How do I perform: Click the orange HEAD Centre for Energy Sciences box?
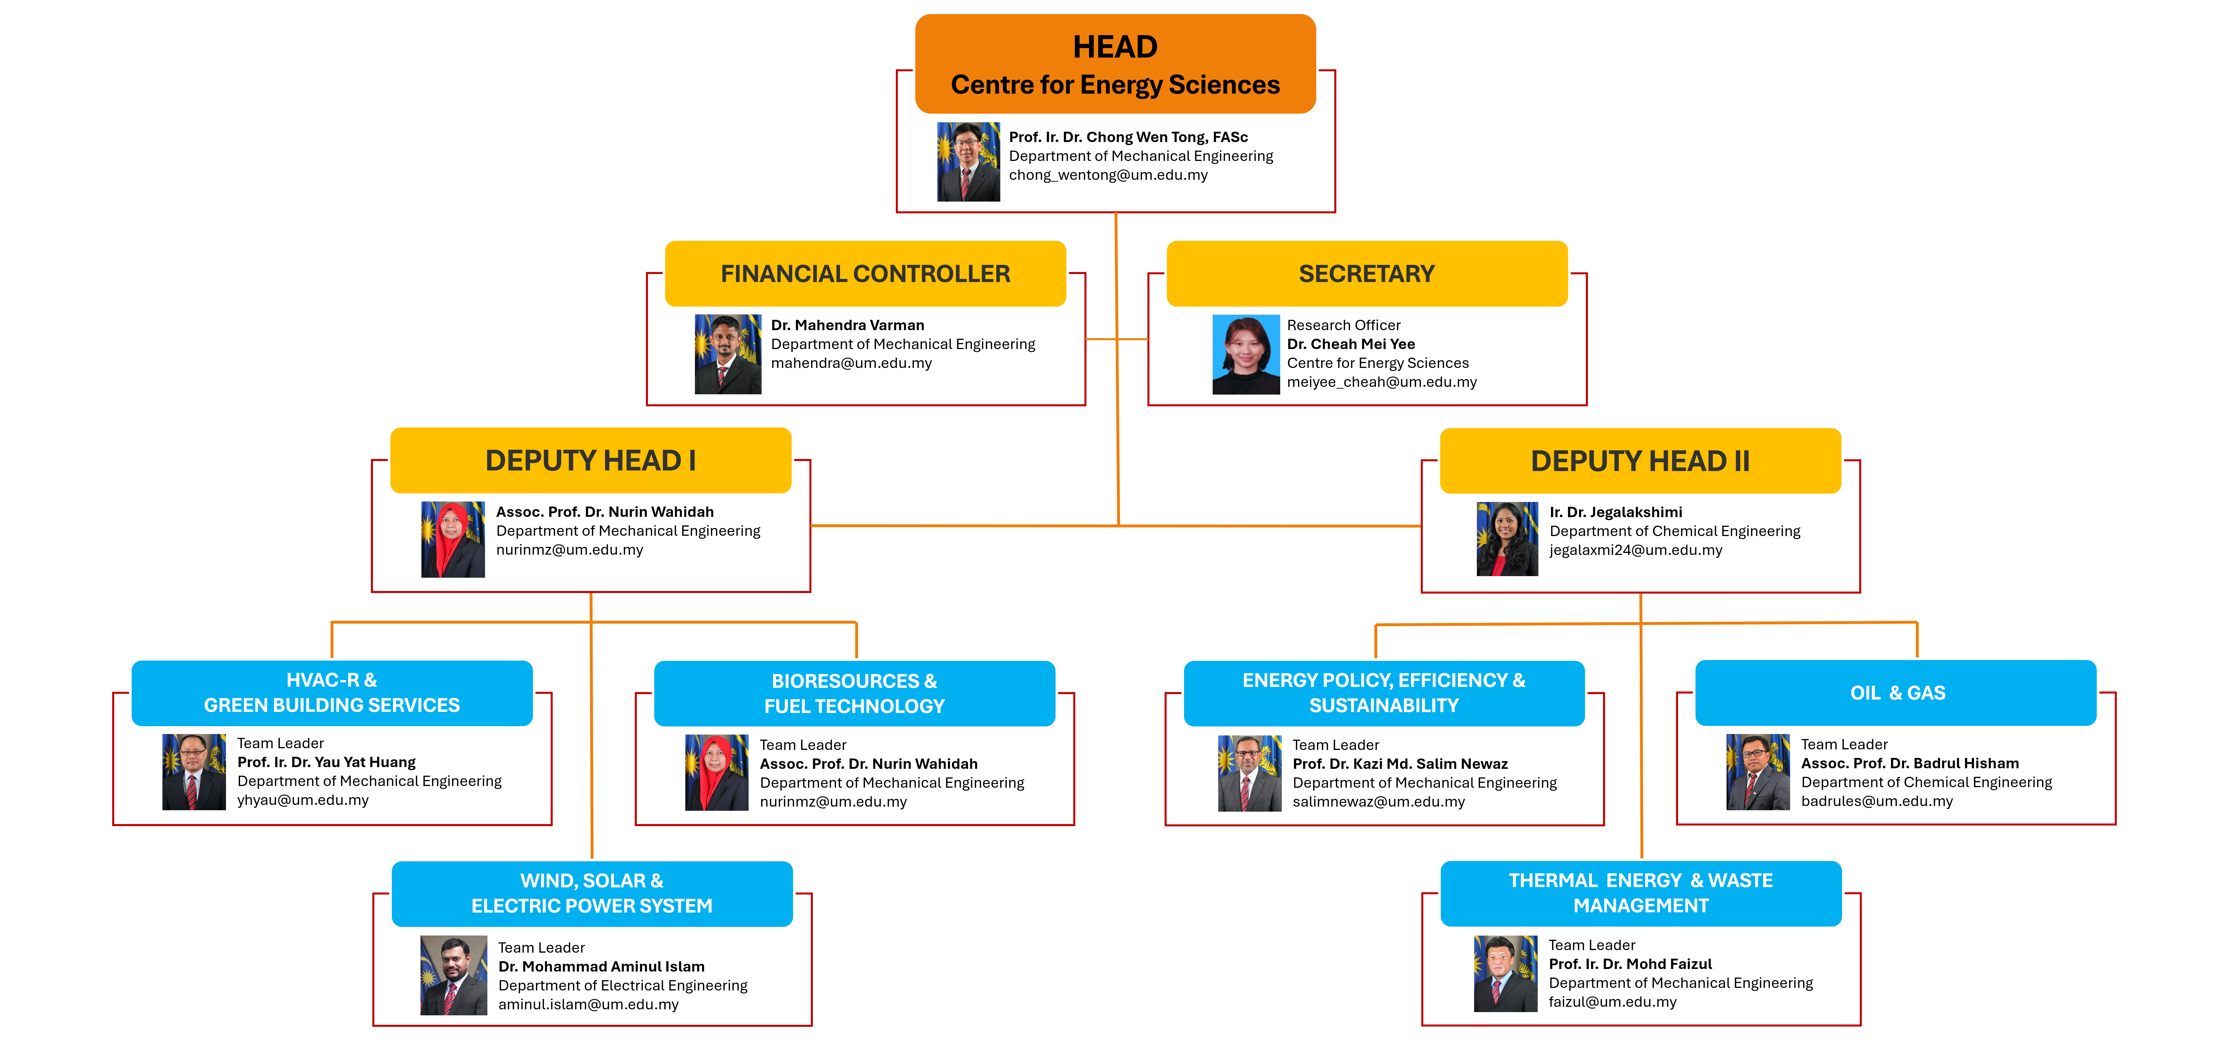(x=1116, y=64)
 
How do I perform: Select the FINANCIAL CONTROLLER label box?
(x=865, y=274)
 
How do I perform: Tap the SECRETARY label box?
(x=1367, y=274)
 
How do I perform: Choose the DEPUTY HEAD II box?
(x=1640, y=461)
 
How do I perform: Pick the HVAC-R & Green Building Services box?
(x=332, y=693)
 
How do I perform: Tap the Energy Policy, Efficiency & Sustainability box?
(x=1384, y=693)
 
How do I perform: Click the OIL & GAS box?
(x=1896, y=693)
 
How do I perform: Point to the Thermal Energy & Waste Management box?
(x=1640, y=893)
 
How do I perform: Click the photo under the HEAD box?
(x=968, y=162)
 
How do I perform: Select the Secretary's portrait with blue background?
(x=1245, y=354)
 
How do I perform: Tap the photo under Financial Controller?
(x=728, y=354)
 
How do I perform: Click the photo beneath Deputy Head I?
(x=453, y=539)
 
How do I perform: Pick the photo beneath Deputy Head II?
(x=1507, y=539)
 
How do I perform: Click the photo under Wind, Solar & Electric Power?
(x=454, y=974)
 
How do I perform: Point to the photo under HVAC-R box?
(x=194, y=772)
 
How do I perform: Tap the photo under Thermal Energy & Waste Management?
(x=1505, y=974)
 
